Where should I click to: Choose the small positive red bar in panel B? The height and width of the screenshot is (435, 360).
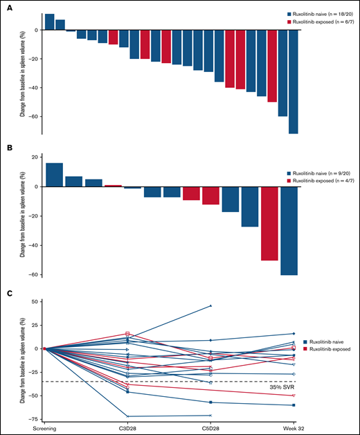point(113,186)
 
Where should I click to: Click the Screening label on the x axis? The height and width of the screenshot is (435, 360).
point(44,427)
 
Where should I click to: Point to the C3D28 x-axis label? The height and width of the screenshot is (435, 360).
point(127,427)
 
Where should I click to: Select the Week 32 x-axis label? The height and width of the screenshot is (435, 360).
point(294,427)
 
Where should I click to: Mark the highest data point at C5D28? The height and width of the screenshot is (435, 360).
point(210,305)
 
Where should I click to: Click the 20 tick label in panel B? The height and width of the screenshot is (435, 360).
point(34,157)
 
